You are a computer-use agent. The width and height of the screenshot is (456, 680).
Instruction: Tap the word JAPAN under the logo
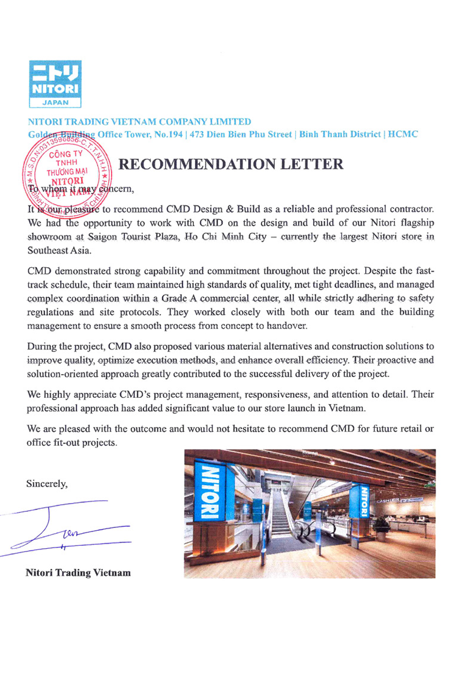click(x=56, y=102)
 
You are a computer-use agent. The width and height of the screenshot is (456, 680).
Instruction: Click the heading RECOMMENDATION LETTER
click(x=230, y=164)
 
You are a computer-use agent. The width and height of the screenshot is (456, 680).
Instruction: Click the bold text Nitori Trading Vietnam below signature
click(x=78, y=573)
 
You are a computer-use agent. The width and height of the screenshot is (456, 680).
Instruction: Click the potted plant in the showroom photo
click(x=380, y=528)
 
